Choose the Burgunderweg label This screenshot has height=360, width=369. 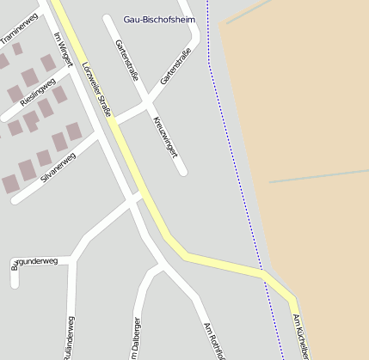(x=34, y=260)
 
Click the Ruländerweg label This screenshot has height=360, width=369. (x=70, y=338)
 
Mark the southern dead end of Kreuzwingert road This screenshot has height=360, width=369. (x=181, y=171)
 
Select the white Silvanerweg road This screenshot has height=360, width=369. (x=34, y=185)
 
